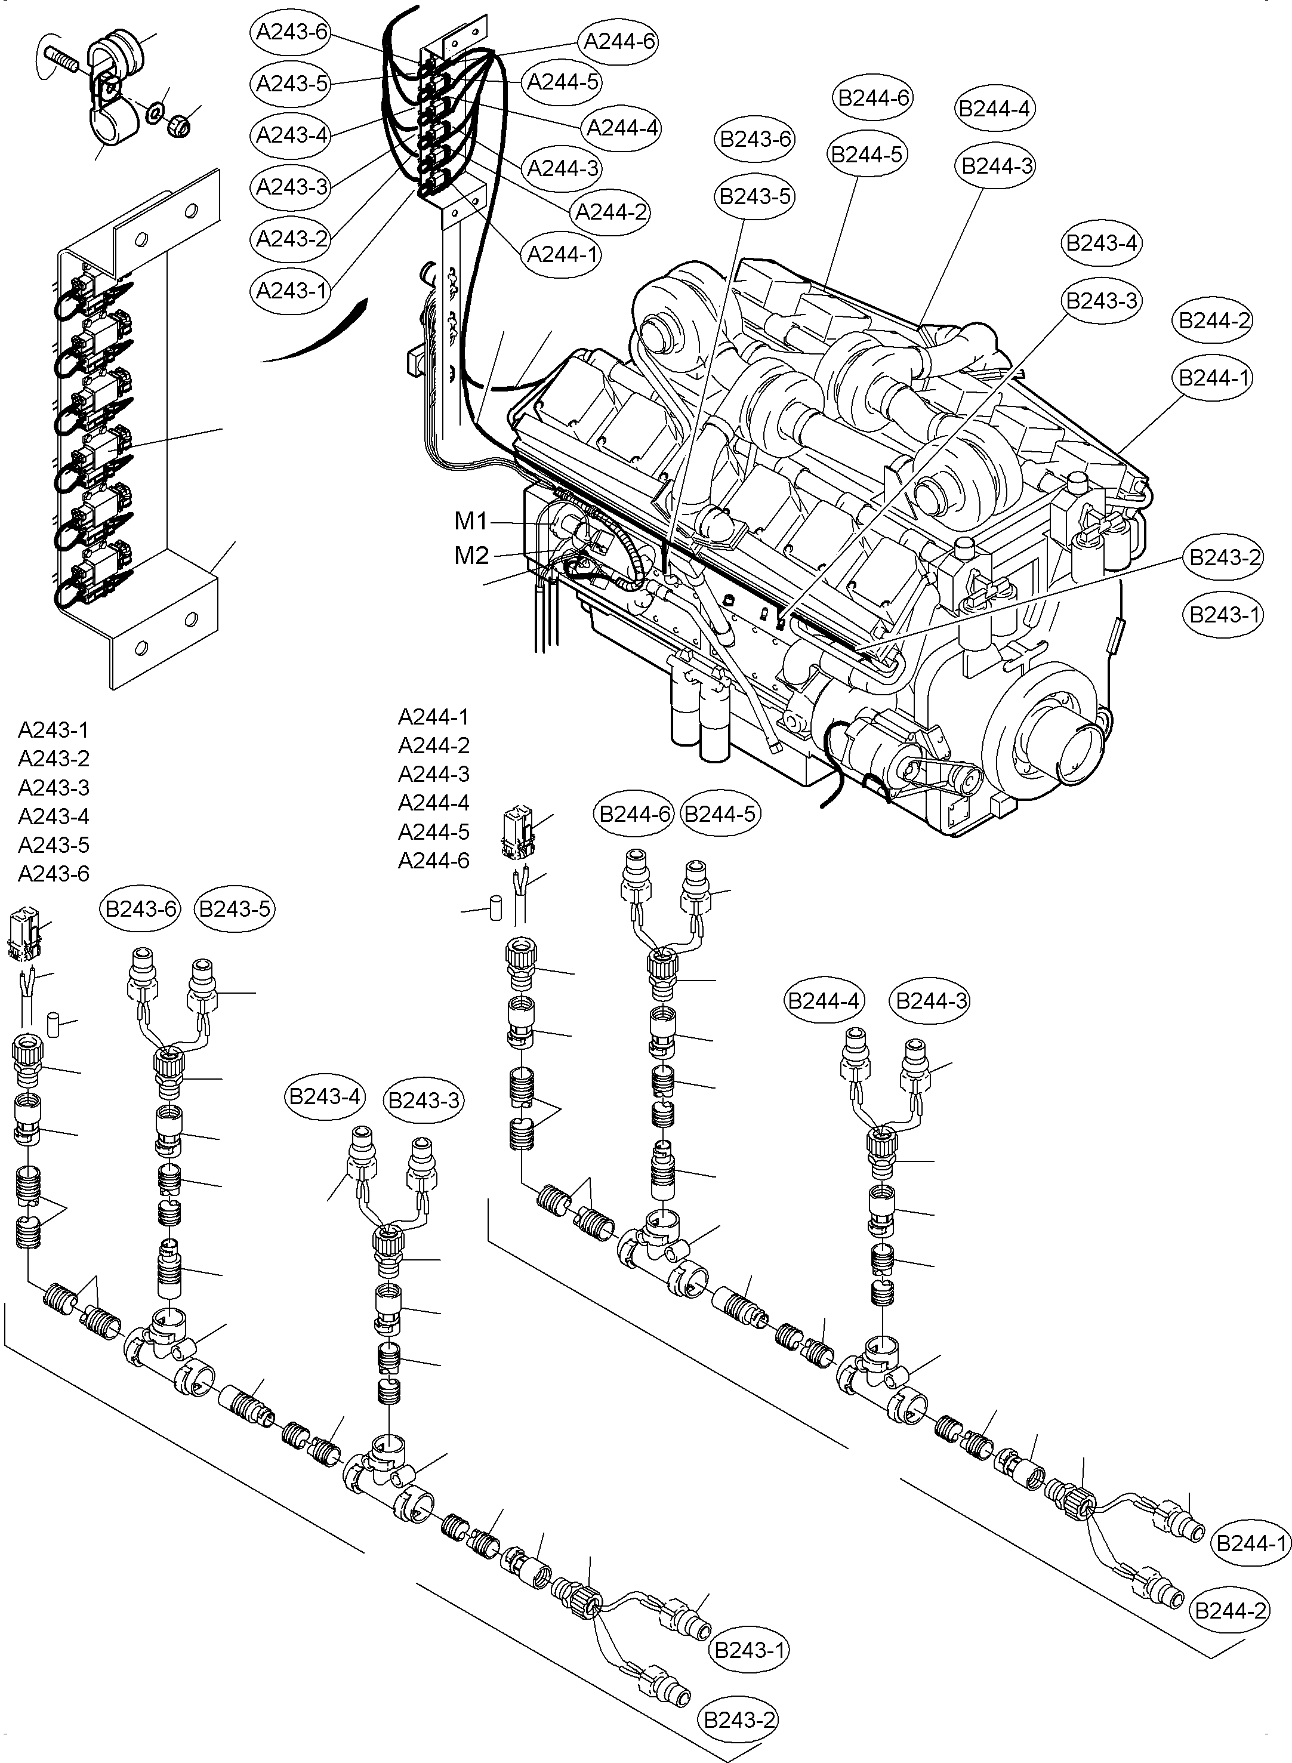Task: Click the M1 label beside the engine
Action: (x=471, y=521)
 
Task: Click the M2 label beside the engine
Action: (x=471, y=555)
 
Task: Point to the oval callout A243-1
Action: (x=292, y=291)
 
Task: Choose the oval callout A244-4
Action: (x=622, y=128)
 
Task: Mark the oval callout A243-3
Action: (x=292, y=187)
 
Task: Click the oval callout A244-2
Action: (x=611, y=212)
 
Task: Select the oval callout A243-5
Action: (x=292, y=83)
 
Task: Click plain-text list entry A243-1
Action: (x=53, y=730)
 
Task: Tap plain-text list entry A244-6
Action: (x=433, y=861)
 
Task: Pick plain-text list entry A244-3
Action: (x=433, y=774)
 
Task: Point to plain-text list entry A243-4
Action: (x=53, y=816)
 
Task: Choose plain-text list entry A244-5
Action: (x=433, y=831)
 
